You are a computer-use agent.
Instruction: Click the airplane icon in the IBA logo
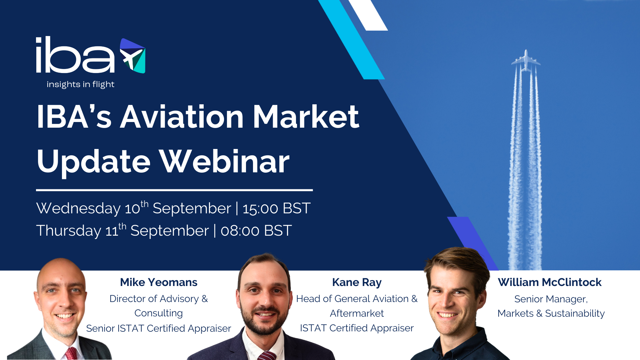pos(132,56)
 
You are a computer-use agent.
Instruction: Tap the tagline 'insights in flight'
pos(80,84)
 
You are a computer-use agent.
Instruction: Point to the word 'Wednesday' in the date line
pos(78,209)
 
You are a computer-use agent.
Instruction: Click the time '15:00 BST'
pos(276,209)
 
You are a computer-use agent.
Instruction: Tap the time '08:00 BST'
pos(256,231)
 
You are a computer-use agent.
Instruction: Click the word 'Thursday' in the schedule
pos(69,231)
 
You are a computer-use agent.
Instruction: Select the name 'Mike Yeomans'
pos(159,282)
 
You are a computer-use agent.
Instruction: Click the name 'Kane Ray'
pos(357,282)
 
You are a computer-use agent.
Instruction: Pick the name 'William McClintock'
pos(550,282)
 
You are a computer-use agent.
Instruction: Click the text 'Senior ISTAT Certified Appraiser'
pos(158,328)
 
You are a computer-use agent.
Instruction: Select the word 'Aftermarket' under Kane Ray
pos(357,313)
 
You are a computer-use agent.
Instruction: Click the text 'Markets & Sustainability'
pos(551,313)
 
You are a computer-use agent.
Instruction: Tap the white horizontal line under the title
pos(174,190)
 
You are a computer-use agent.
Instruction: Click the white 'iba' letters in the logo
pos(75,55)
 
